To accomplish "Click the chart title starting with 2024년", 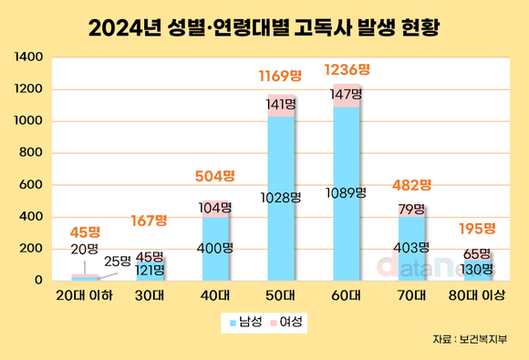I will pos(264,26).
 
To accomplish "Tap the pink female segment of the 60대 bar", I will pos(347,96).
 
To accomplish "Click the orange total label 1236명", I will pos(347,68).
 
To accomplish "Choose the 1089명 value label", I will pos(347,192).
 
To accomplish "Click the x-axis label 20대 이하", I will pos(83,295).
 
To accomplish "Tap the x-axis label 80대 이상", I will pos(477,295).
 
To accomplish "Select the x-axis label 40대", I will pos(215,295).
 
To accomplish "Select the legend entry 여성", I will pos(289,322).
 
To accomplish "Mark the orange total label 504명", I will pos(215,176).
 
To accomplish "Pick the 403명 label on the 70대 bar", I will pos(412,248).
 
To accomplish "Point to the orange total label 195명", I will pos(477,228).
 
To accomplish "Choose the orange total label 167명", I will pos(150,220).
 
